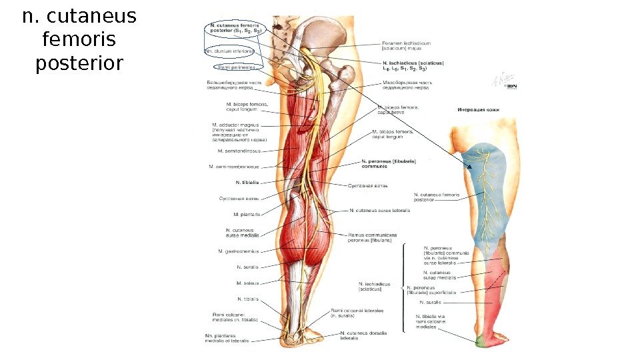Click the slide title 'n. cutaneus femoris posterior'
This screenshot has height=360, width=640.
point(79,40)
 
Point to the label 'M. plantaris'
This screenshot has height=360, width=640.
point(246,215)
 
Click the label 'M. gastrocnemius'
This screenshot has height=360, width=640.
point(238,251)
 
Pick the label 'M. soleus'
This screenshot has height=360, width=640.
point(247,283)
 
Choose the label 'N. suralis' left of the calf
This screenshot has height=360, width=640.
point(247,267)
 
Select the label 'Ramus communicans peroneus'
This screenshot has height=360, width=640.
point(372,237)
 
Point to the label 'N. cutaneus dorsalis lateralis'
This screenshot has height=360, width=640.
point(363,335)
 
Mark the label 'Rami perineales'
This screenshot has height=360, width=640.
point(233,67)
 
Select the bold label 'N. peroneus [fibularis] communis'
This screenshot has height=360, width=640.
point(388,163)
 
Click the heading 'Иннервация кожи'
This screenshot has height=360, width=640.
point(478,110)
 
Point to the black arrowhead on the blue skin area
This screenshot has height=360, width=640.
point(469,167)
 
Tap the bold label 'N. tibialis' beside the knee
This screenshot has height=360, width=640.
point(247,182)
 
